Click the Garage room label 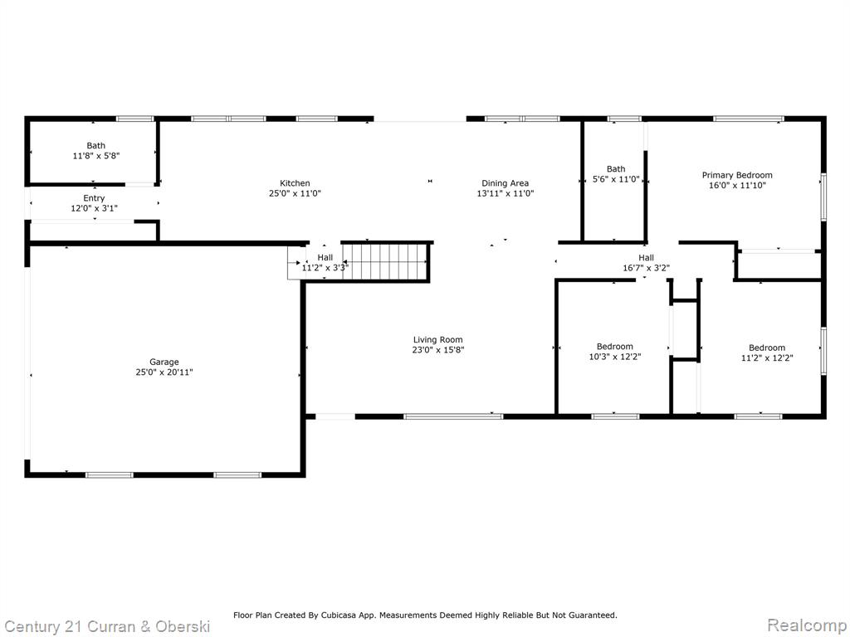(x=164, y=362)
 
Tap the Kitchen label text (x=295, y=183)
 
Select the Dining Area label (x=506, y=183)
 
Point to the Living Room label (x=438, y=340)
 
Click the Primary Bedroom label (x=737, y=175)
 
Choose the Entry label (x=94, y=198)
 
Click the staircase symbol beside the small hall (x=385, y=261)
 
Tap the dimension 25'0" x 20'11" (x=164, y=372)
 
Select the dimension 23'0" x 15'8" (x=438, y=350)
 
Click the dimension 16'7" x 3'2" (x=646, y=268)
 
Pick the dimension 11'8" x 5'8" (x=96, y=155)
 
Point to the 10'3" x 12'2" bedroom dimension (x=615, y=357)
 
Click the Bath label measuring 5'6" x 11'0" (x=616, y=169)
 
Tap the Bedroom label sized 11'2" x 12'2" (x=767, y=348)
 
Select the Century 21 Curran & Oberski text (x=107, y=627)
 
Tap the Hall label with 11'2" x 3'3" (x=325, y=257)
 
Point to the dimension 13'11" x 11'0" (x=506, y=193)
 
